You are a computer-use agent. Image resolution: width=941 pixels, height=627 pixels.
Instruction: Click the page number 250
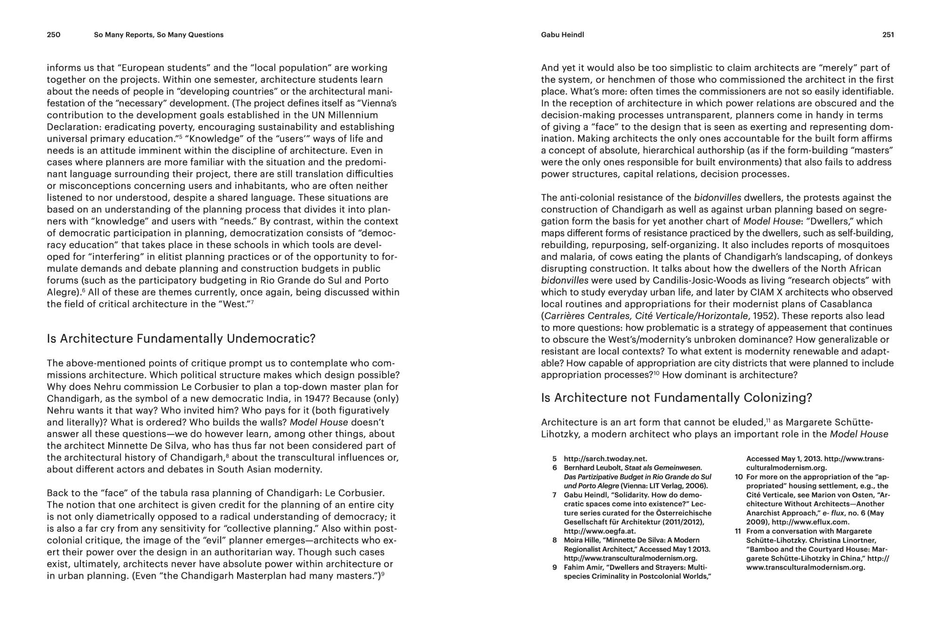(x=54, y=35)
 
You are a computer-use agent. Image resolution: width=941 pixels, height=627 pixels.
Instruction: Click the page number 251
(x=888, y=35)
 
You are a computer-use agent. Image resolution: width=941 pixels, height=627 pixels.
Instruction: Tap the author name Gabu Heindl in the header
(x=562, y=35)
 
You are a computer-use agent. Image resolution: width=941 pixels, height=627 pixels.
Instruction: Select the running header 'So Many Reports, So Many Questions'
(x=159, y=35)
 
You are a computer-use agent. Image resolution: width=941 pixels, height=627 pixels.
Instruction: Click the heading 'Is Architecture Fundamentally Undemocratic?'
(x=181, y=338)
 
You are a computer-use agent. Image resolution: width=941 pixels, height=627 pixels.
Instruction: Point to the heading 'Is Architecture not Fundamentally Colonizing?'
(x=677, y=398)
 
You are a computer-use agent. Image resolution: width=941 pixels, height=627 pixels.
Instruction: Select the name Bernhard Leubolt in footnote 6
(x=592, y=468)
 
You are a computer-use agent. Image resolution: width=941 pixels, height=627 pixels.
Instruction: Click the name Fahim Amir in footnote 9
(x=583, y=567)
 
